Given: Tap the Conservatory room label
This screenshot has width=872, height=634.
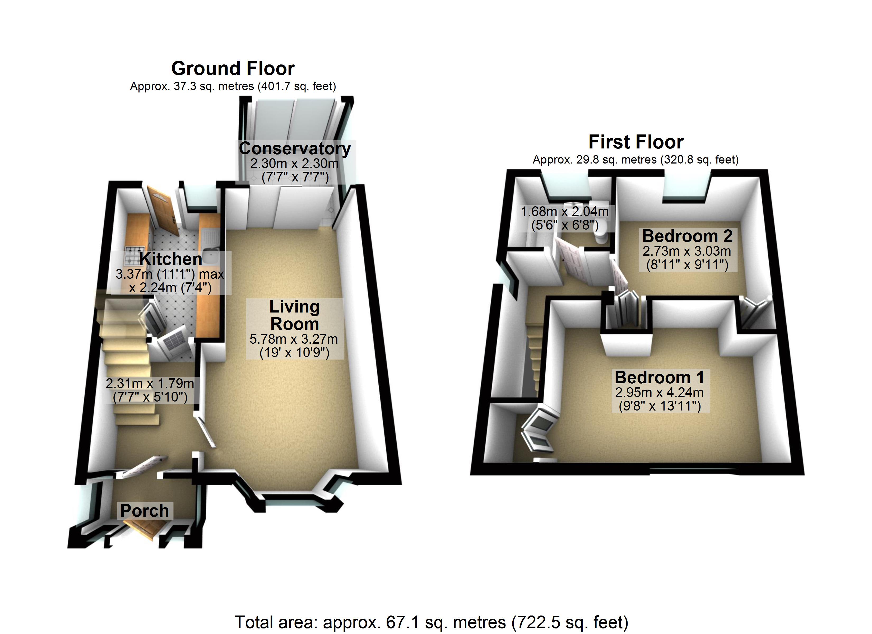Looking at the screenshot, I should click(295, 149).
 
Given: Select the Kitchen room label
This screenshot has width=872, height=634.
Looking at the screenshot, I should click(171, 259).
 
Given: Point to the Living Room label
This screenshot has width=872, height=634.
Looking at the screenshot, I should click(295, 315).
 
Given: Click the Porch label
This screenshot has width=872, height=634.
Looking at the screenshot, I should click(145, 511).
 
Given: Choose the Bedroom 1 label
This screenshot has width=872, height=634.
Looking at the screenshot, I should click(659, 377).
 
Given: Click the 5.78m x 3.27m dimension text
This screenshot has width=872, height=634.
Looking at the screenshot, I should click(294, 339).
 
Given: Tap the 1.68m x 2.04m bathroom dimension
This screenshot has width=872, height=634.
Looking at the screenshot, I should click(564, 211).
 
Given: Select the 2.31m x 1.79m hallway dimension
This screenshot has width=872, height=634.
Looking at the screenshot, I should click(150, 383).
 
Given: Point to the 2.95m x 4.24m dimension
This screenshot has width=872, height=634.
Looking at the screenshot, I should click(659, 393).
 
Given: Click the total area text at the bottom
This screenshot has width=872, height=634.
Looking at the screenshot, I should click(432, 622).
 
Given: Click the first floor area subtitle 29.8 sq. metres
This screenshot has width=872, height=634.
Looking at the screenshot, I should click(635, 160).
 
